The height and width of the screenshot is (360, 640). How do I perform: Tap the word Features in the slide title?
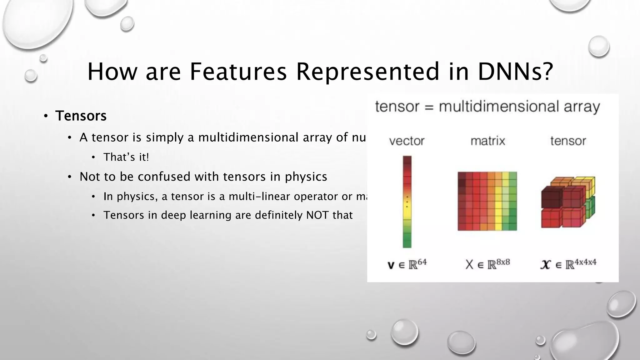pyautogui.click(x=238, y=72)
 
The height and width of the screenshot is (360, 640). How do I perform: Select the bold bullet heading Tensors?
pyautogui.click(x=81, y=116)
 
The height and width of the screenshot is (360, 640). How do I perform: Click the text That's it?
pyautogui.click(x=126, y=157)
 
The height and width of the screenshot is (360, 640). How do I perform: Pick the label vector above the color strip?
pyautogui.click(x=407, y=141)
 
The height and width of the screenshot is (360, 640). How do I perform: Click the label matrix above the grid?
pyautogui.click(x=487, y=141)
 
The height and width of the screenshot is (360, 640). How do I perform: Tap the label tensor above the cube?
pyautogui.click(x=568, y=141)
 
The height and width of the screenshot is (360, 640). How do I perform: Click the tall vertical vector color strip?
pyautogui.click(x=407, y=202)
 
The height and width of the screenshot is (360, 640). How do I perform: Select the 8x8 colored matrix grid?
pyautogui.click(x=487, y=201)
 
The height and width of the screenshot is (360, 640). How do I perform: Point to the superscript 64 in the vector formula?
pyautogui.click(x=422, y=262)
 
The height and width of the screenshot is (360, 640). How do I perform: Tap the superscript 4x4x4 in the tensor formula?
pyautogui.click(x=585, y=262)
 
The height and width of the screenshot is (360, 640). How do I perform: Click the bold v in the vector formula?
pyautogui.click(x=391, y=265)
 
